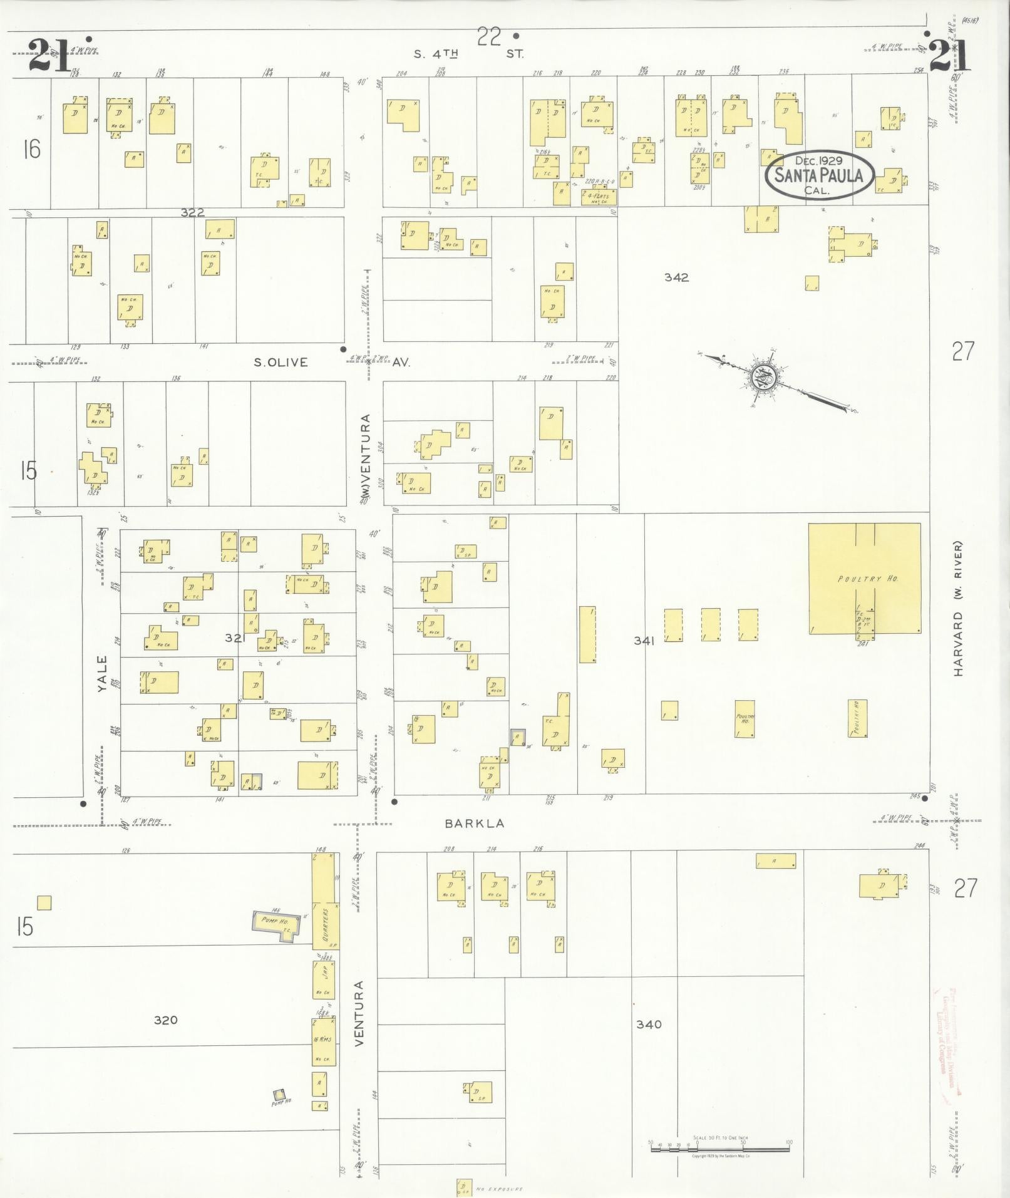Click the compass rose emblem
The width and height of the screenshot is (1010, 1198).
coord(765,377)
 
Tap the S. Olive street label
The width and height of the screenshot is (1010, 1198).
coord(281,362)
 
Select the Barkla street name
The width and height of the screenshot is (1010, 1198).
coord(474,824)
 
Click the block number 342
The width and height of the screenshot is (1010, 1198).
coord(676,277)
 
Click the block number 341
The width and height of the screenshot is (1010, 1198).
coord(644,640)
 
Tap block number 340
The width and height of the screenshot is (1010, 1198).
coord(649,1025)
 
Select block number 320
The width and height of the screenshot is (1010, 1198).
coord(165,1020)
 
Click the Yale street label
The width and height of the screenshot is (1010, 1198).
coord(103,673)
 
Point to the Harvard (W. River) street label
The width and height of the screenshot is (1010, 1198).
coord(958,608)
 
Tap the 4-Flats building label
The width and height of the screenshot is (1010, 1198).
coord(599,197)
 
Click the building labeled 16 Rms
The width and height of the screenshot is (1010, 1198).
coord(324,1041)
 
